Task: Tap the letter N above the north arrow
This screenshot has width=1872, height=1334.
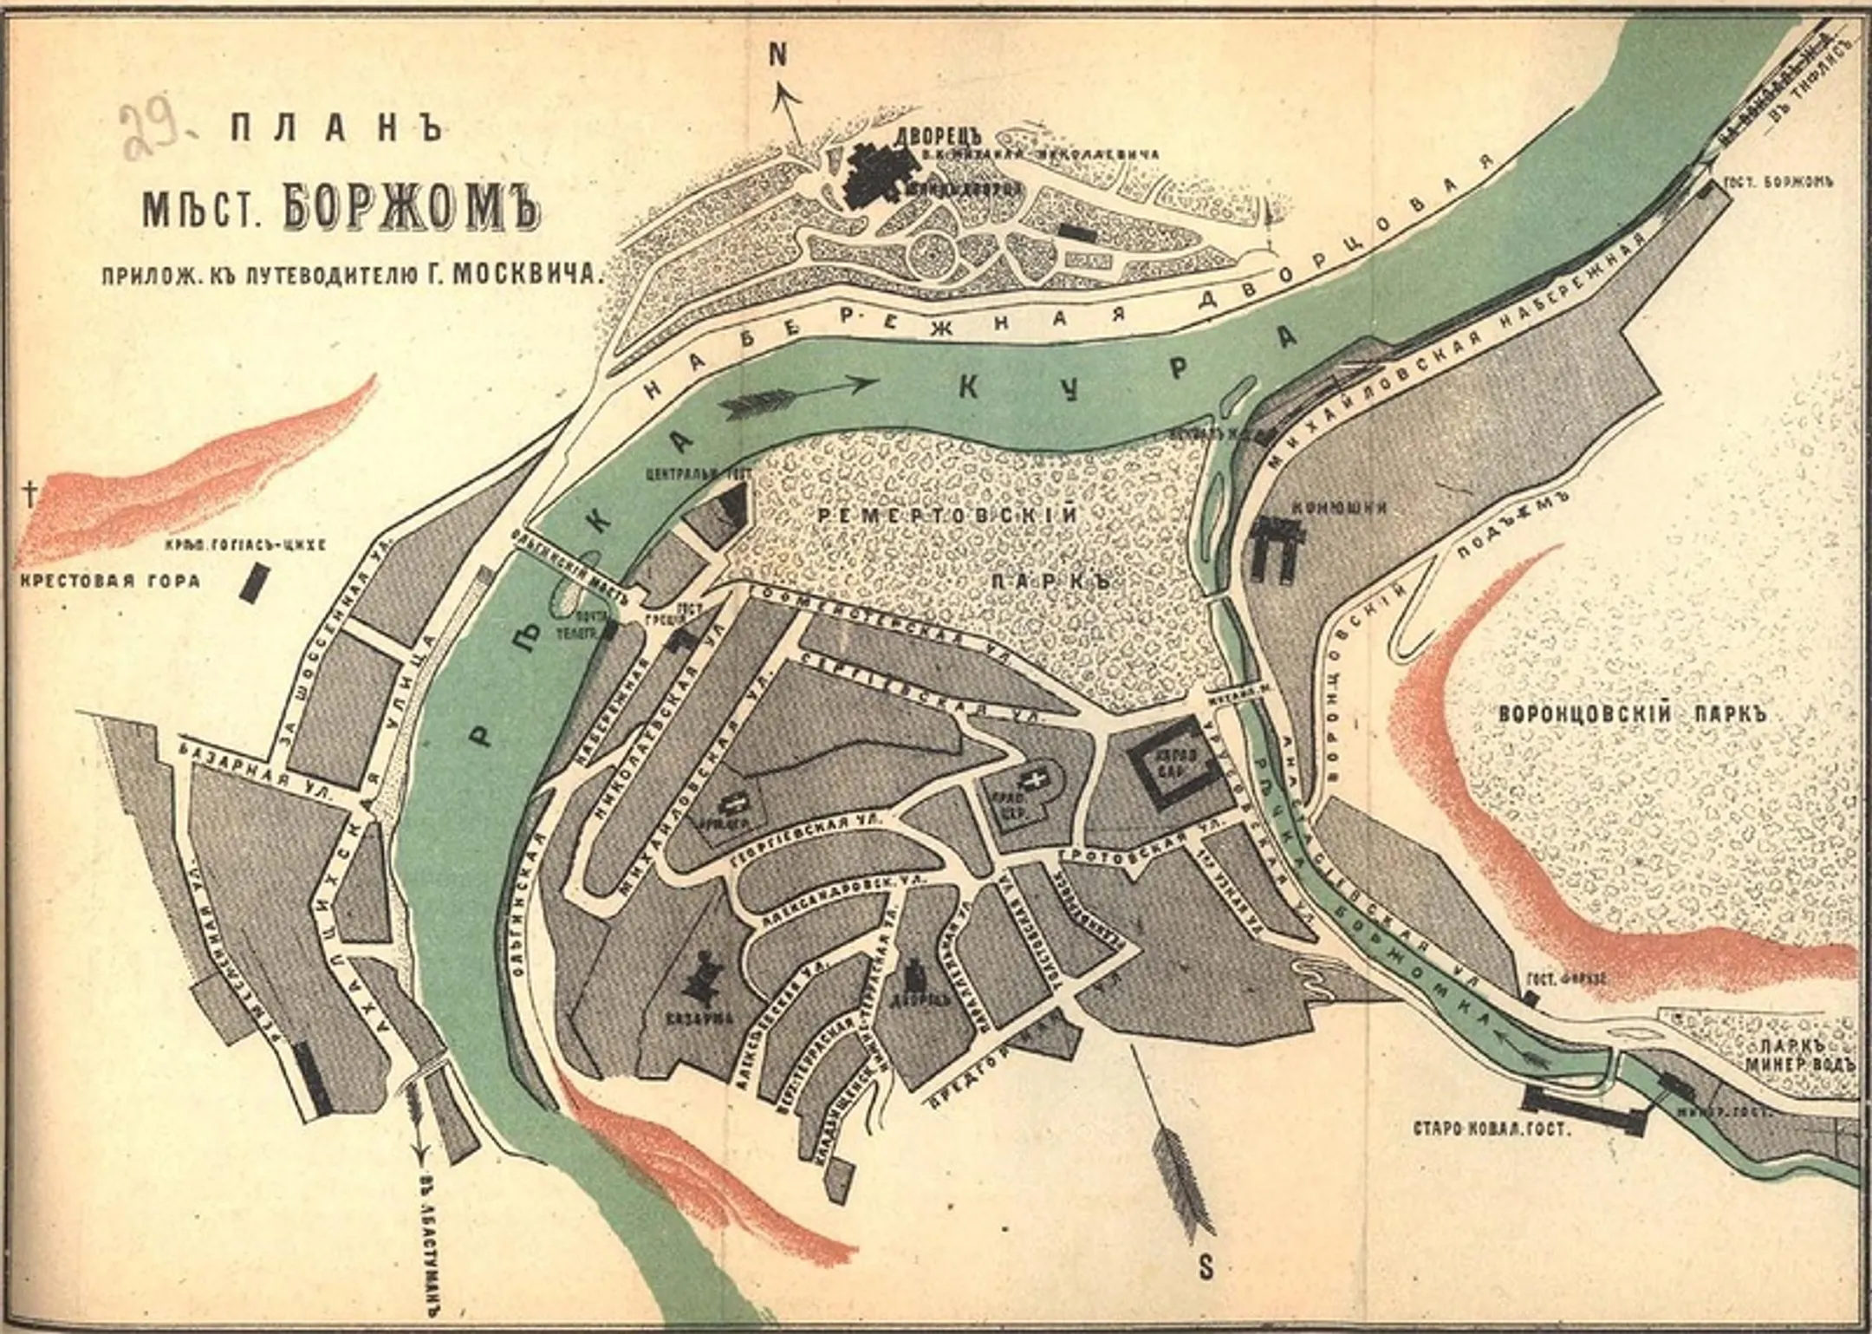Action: [x=778, y=55]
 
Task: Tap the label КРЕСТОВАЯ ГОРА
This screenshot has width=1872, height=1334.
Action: [x=109, y=580]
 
